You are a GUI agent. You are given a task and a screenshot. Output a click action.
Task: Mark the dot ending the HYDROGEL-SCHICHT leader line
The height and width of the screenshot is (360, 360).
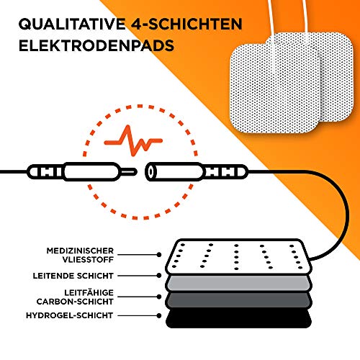(158, 315)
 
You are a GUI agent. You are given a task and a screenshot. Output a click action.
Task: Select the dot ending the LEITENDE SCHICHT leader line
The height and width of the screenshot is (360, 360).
(158, 275)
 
